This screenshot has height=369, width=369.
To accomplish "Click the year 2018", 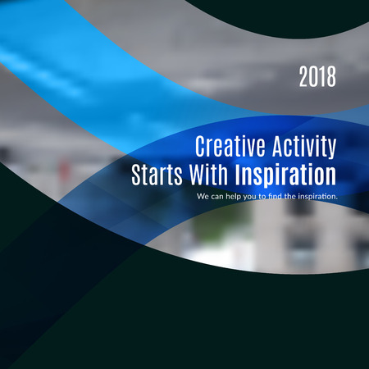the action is (317, 76).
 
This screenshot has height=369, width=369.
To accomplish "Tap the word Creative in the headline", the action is (230, 146).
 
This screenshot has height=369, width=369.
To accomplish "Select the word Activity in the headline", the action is (304, 147).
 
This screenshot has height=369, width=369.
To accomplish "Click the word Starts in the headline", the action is (157, 175).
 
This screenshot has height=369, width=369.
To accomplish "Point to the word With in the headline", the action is (208, 175).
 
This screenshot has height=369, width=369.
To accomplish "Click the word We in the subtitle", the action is (203, 196).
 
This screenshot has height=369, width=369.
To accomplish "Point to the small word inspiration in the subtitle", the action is (318, 197).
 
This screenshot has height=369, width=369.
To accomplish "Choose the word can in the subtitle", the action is (217, 197).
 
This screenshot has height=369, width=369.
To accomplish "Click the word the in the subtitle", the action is (290, 196).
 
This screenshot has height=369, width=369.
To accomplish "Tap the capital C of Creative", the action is (200, 146).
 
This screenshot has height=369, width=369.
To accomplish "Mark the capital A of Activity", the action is (278, 146).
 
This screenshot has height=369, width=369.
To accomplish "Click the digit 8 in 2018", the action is (331, 76).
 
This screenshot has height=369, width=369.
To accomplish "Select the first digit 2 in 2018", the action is (303, 76).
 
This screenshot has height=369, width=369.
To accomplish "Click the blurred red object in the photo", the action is (65, 170).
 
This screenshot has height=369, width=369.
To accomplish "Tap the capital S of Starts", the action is (136, 175).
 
